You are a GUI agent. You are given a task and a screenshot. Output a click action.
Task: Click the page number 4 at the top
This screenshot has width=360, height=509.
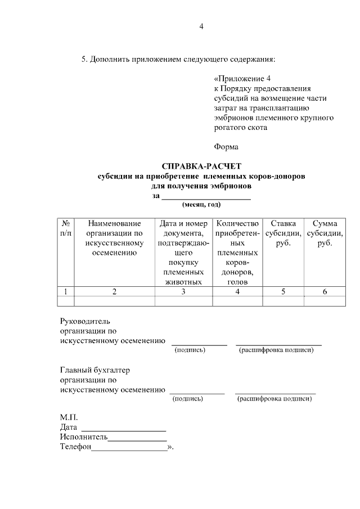[x=201, y=26]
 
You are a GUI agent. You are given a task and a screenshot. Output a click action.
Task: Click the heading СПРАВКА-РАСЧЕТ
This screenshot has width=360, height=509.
[x=201, y=166]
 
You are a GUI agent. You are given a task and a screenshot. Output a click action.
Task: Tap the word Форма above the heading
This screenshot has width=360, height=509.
[x=226, y=147]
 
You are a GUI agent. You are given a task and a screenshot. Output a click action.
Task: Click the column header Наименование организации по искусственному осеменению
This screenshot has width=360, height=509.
[x=114, y=238]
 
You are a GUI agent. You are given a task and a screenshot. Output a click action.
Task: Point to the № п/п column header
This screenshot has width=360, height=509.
[x=66, y=228]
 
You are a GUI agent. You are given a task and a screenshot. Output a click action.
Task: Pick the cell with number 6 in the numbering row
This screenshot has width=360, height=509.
[x=325, y=291]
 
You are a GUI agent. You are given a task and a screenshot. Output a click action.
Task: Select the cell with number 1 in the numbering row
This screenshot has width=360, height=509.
[x=66, y=291]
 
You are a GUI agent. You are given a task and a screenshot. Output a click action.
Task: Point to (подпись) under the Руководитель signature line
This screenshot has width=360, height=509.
[x=190, y=350]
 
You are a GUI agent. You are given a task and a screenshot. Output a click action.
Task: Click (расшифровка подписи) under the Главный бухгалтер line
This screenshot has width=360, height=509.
[x=274, y=399]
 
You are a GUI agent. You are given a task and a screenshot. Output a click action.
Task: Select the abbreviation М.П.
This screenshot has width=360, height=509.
[x=69, y=418]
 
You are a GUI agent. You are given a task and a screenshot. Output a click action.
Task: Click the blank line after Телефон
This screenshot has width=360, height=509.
[x=129, y=448]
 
